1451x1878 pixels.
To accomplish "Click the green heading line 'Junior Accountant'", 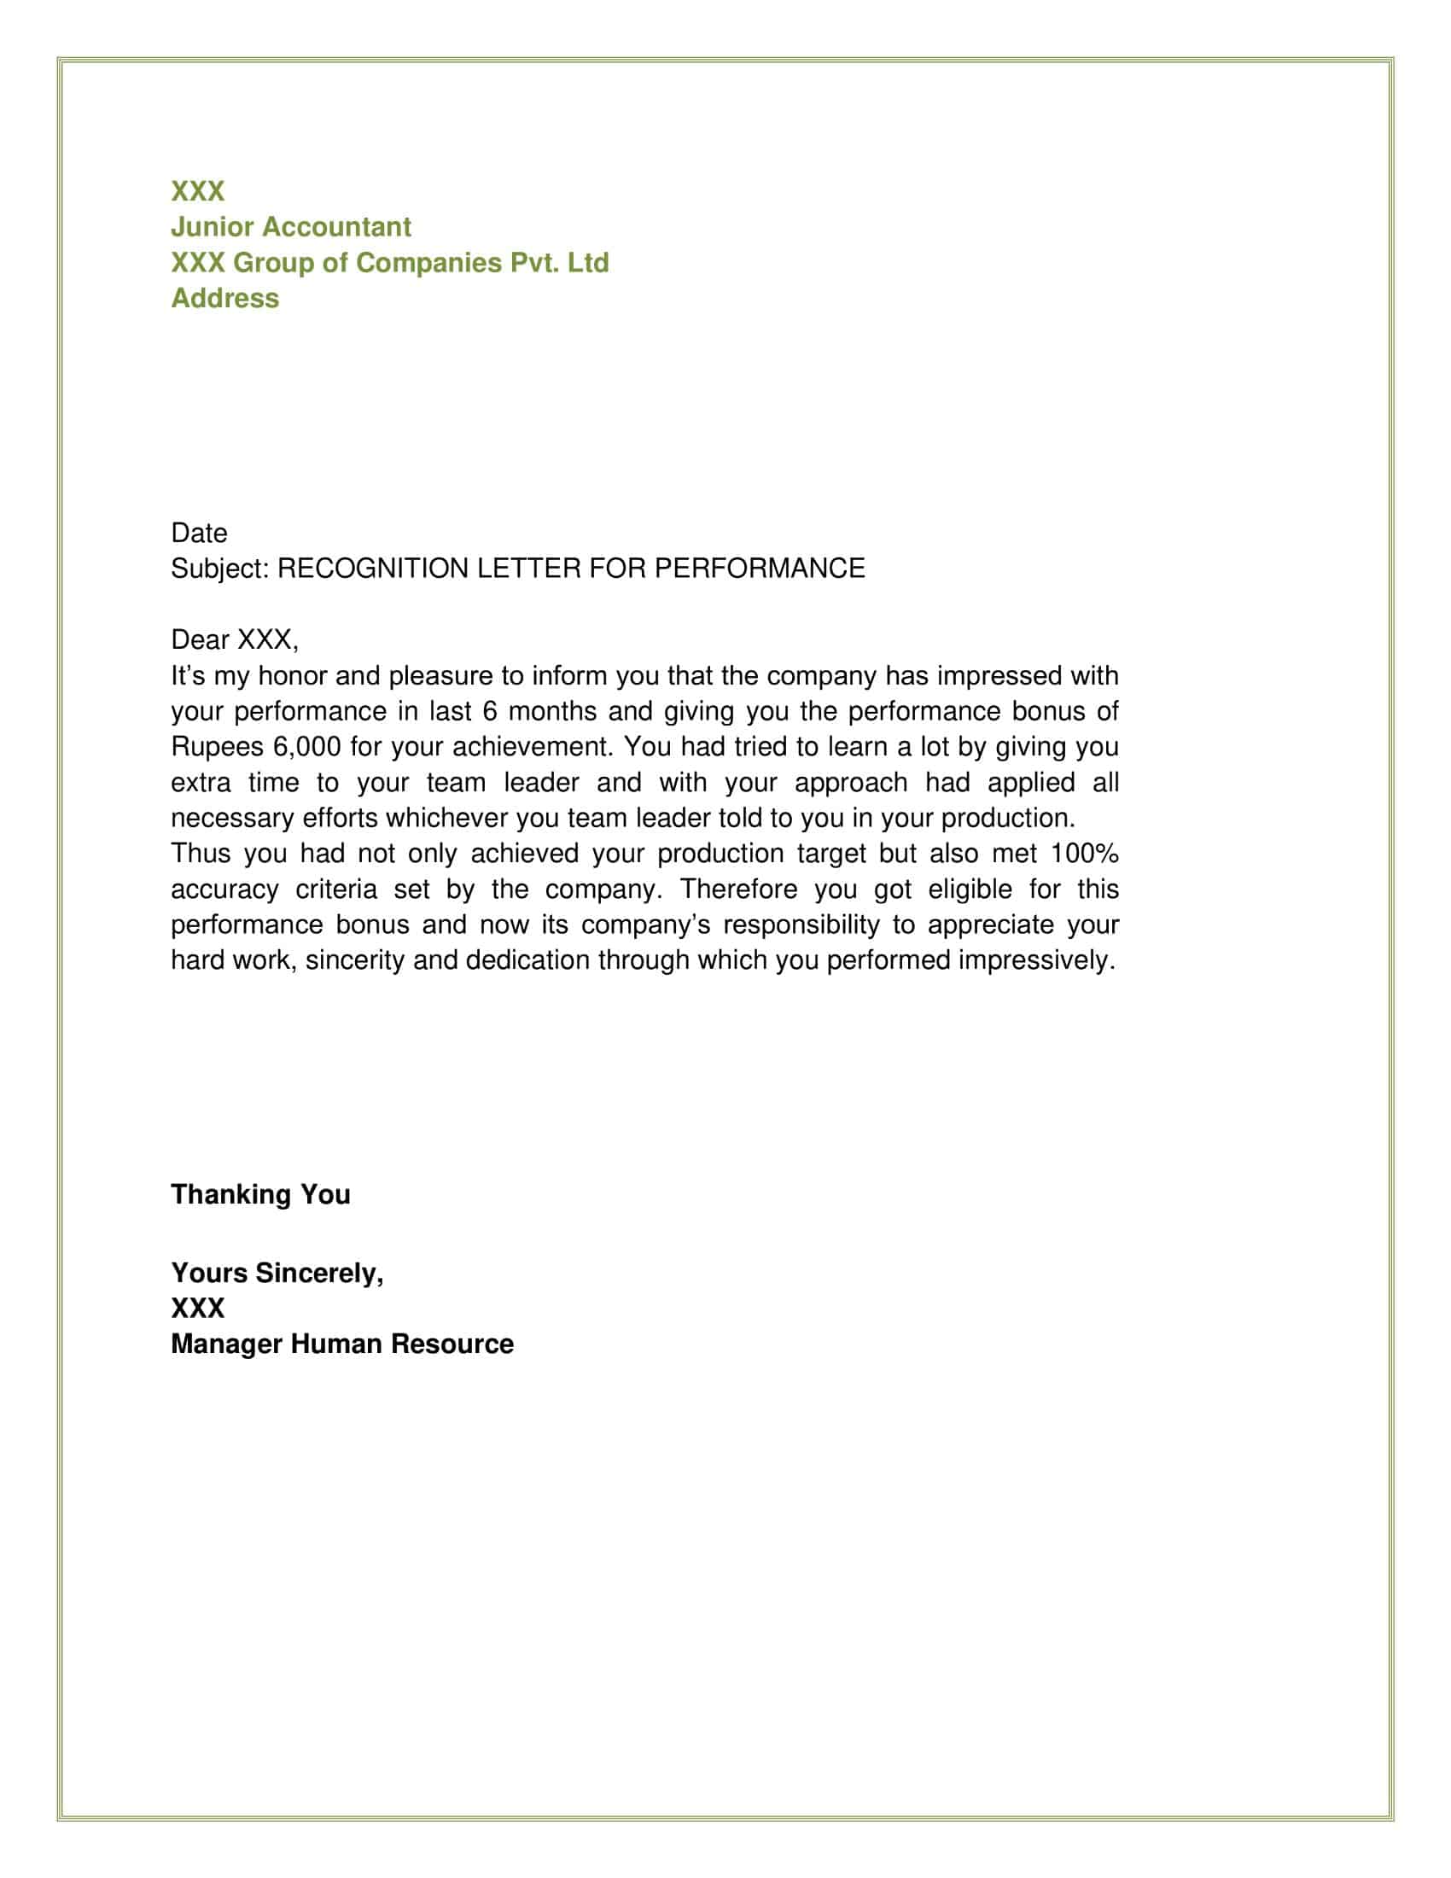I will [290, 227].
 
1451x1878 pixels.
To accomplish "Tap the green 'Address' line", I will [224, 299].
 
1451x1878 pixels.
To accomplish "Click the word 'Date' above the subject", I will [199, 534].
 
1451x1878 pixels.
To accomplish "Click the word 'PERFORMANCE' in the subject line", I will [760, 569].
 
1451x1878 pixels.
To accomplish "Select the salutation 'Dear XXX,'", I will [234, 639].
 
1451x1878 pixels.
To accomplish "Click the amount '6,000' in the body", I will [306, 746].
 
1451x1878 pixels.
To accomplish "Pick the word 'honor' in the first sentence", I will [291, 676].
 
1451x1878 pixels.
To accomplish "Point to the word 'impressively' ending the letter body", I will [1035, 959].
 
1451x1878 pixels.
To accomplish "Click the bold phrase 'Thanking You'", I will [260, 1194].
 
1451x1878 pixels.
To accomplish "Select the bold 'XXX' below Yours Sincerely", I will [198, 1308].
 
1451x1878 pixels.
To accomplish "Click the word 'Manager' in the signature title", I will [226, 1344].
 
